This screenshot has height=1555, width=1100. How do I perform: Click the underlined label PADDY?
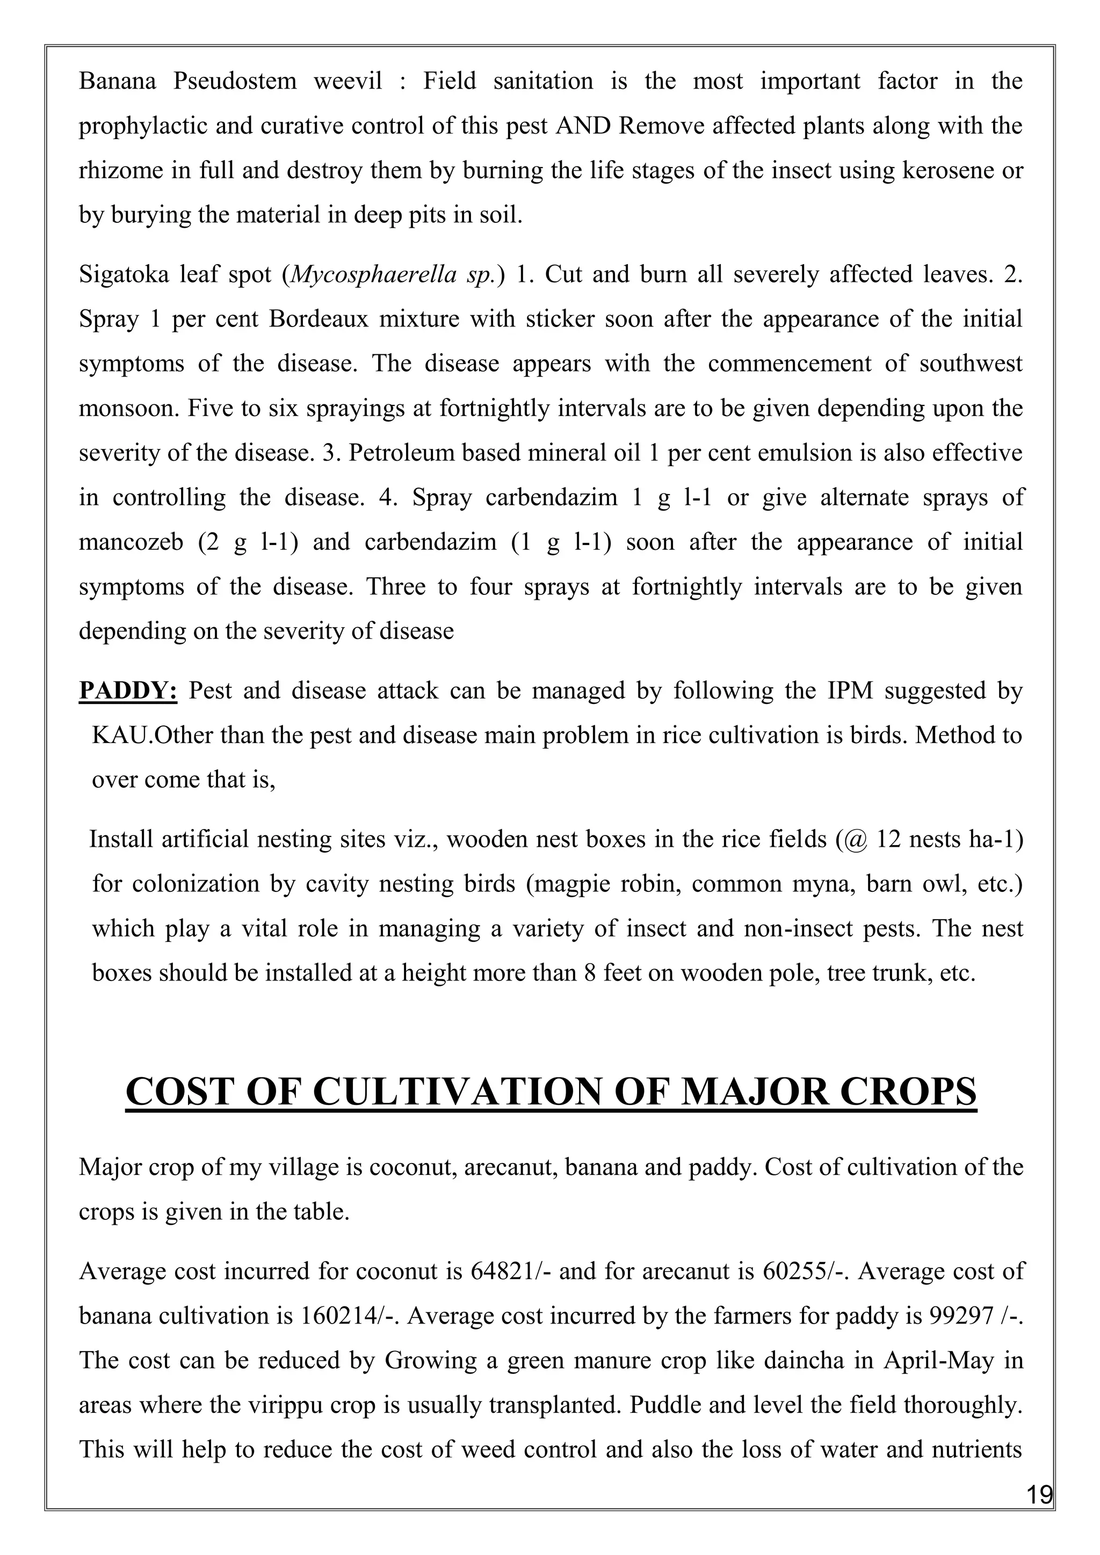pos(128,691)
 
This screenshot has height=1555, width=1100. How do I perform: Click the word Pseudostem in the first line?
pos(234,81)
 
